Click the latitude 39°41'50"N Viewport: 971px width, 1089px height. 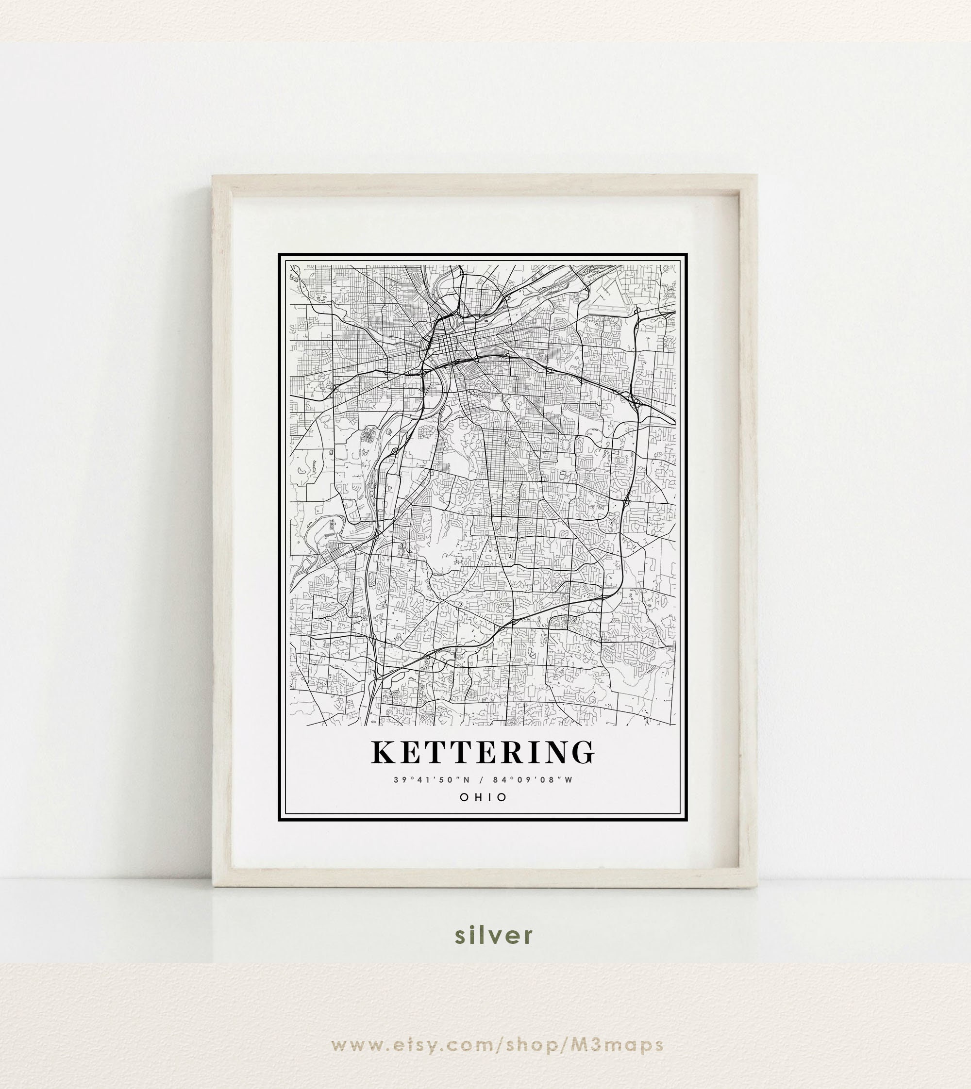[x=432, y=780]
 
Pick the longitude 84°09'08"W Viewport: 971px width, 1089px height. [x=533, y=780]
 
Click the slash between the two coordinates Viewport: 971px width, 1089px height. [x=482, y=780]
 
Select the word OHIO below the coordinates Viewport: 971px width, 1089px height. [x=484, y=797]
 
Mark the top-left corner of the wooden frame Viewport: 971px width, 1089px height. [x=214, y=176]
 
